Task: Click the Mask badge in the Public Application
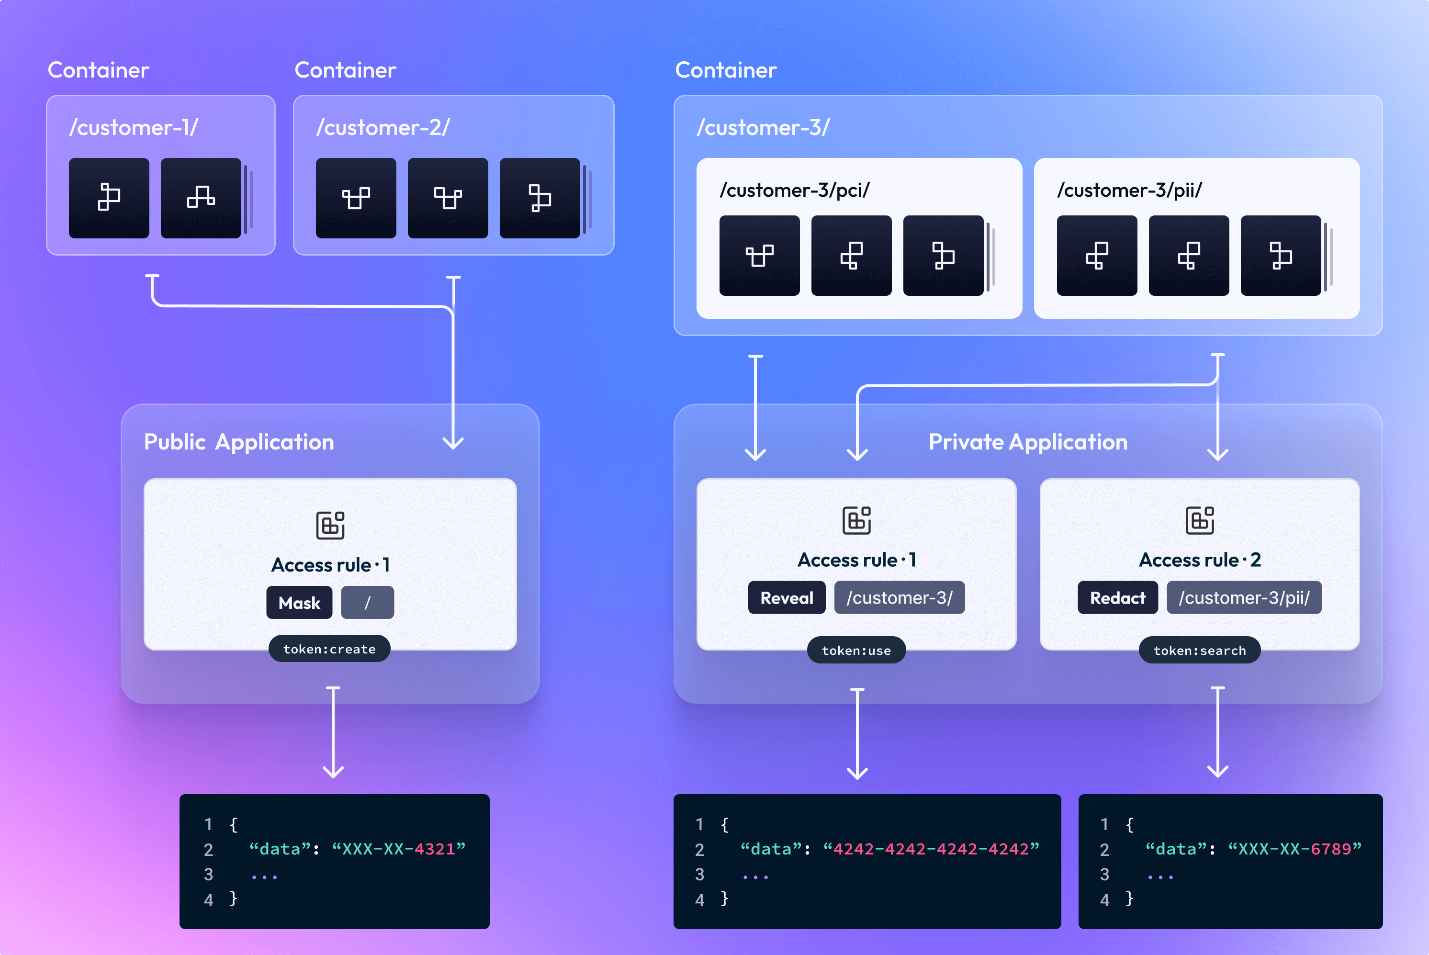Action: point(299,602)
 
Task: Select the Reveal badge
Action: point(787,597)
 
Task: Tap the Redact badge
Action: point(1117,597)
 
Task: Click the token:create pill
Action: point(329,649)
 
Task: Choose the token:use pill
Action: point(856,651)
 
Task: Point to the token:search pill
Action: point(1199,651)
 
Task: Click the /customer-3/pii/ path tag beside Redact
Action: point(1244,597)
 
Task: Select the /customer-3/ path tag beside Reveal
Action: point(899,597)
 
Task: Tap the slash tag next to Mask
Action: point(367,602)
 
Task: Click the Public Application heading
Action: point(239,441)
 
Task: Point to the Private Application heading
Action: point(1028,441)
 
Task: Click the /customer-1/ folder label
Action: point(134,127)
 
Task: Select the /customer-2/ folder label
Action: point(383,127)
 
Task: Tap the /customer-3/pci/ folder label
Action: point(794,190)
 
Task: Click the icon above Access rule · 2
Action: point(1199,520)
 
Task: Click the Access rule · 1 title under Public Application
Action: point(330,564)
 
